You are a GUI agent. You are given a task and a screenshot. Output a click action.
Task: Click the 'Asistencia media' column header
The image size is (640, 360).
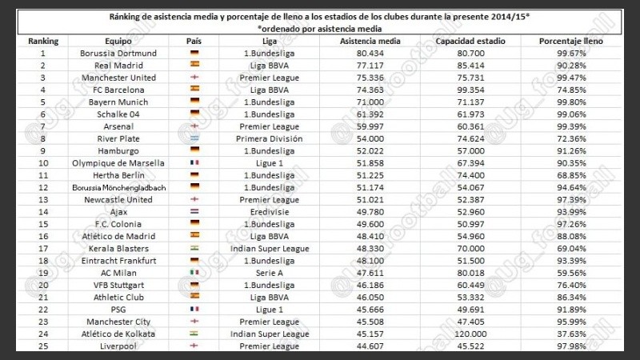pyautogui.click(x=371, y=40)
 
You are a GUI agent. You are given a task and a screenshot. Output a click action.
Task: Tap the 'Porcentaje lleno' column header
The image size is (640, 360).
pyautogui.click(x=571, y=40)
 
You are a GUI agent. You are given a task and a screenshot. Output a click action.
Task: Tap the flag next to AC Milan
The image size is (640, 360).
pyautogui.click(x=194, y=272)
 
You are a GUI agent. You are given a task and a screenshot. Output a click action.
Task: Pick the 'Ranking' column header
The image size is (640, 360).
pyautogui.click(x=42, y=40)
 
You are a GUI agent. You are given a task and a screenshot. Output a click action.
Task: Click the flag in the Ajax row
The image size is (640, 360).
pyautogui.click(x=194, y=211)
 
